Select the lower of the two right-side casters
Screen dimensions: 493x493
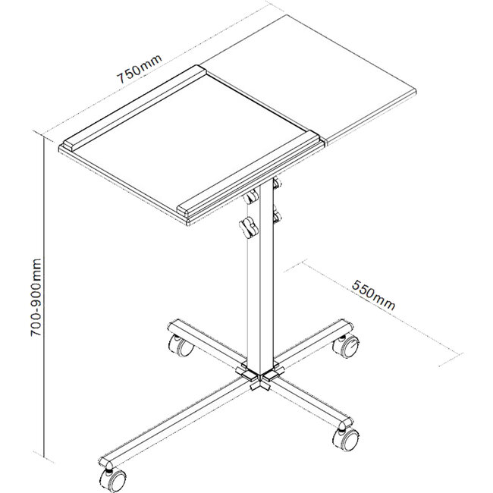click(x=348, y=438)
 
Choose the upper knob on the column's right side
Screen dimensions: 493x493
click(x=276, y=184)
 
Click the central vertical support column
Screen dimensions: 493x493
click(x=260, y=288)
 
